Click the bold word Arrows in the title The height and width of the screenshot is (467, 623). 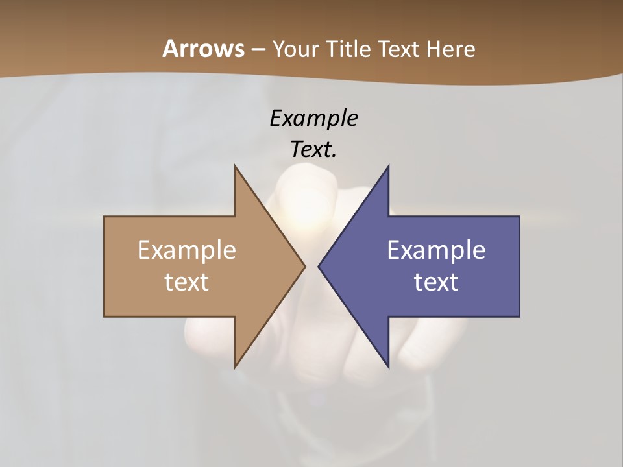pyautogui.click(x=203, y=49)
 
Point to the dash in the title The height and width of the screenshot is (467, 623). pyautogui.click(x=258, y=49)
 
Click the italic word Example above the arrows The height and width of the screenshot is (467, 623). pyautogui.click(x=313, y=118)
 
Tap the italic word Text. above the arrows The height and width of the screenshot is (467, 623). pyautogui.click(x=313, y=149)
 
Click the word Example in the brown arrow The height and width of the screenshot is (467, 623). pyautogui.click(x=187, y=250)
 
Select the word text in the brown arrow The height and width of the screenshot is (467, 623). pyautogui.click(x=187, y=281)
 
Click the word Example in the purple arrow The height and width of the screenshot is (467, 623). pyautogui.click(x=436, y=250)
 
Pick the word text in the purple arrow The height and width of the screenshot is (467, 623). pyautogui.click(x=436, y=281)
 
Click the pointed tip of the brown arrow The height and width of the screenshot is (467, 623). pyautogui.click(x=304, y=266)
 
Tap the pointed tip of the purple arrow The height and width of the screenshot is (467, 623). pyautogui.click(x=319, y=266)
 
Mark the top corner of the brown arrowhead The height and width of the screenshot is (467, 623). pyautogui.click(x=235, y=166)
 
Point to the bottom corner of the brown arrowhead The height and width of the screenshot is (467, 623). pyautogui.click(x=235, y=367)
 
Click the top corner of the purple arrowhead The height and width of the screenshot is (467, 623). pyautogui.click(x=388, y=166)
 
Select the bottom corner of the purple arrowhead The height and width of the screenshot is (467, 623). pyautogui.click(x=388, y=367)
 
